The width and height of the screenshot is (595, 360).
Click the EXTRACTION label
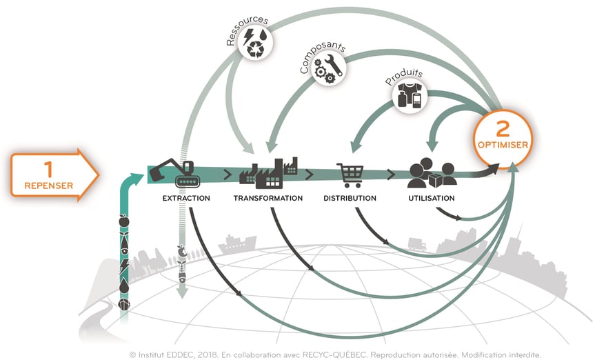186,199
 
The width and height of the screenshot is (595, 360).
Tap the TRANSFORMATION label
268,199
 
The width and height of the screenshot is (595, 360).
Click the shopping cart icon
350,175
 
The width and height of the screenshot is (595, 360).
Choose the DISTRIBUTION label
350,199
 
